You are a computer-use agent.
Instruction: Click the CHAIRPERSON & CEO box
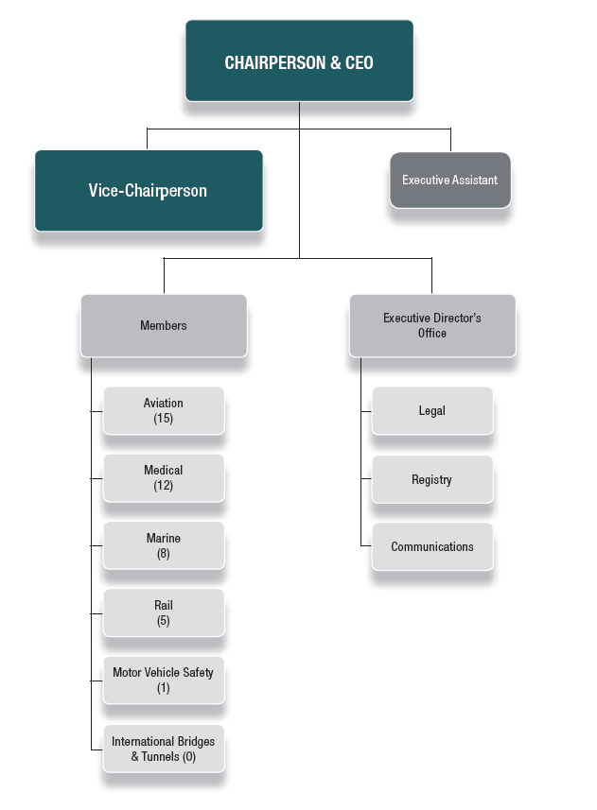[299, 60]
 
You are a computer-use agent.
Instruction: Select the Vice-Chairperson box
[149, 190]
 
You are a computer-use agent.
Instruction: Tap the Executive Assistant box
[449, 180]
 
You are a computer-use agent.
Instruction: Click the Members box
[164, 326]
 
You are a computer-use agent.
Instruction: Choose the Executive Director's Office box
[432, 326]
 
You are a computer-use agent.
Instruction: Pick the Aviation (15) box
[164, 410]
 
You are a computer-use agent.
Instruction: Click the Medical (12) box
[164, 478]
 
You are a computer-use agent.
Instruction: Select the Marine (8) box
[164, 545]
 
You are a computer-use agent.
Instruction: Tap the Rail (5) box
[164, 612]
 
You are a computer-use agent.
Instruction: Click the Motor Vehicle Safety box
[164, 680]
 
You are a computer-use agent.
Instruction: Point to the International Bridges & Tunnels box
[164, 749]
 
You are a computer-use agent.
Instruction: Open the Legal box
[432, 411]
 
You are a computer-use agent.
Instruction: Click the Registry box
[432, 480]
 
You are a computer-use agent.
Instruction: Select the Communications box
[432, 547]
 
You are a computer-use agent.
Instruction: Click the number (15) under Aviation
[164, 419]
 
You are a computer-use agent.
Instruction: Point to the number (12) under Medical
[164, 486]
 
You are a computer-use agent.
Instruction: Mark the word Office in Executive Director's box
[432, 334]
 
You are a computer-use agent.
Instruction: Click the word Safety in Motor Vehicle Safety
[197, 673]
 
